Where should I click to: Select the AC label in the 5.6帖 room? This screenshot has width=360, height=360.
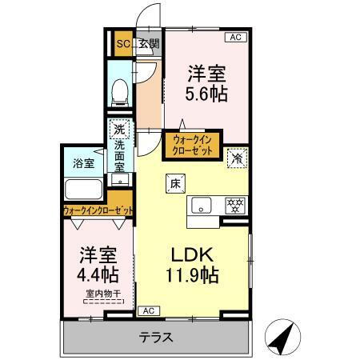pyautogui.click(x=236, y=37)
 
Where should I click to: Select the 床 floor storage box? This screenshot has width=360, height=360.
pyautogui.click(x=174, y=183)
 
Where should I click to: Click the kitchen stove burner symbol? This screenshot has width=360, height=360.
pyautogui.click(x=236, y=203)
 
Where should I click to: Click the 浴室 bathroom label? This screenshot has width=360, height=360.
pyautogui.click(x=84, y=162)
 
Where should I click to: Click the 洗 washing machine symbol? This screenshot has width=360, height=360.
pyautogui.click(x=119, y=130)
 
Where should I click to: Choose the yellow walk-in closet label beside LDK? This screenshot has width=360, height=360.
pyautogui.click(x=190, y=144)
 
